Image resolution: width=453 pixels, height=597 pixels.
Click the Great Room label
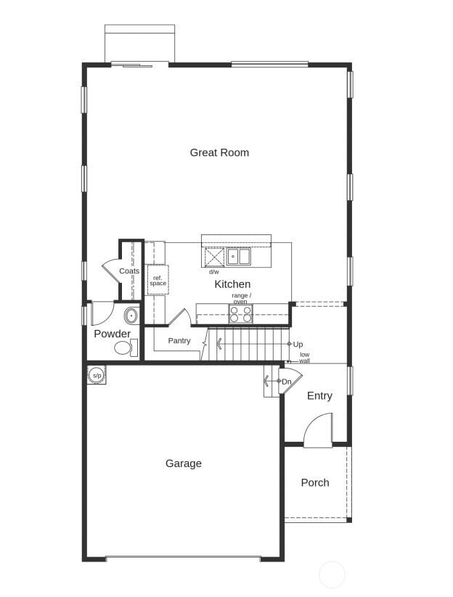[219, 152]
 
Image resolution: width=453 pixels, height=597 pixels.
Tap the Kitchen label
[232, 284]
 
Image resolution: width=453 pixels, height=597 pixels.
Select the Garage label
[184, 464]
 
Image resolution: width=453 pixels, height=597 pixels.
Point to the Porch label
[315, 482]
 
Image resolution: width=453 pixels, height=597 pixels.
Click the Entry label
[319, 395]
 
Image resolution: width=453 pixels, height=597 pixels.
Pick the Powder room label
[113, 334]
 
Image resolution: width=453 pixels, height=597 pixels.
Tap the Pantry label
[179, 340]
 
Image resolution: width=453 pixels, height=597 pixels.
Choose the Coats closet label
[129, 271]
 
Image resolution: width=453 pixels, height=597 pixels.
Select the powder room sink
[131, 316]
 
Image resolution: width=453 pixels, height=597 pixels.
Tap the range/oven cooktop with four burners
[241, 314]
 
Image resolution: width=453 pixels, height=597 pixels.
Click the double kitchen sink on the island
[238, 257]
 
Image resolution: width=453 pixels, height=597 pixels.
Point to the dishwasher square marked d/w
[214, 258]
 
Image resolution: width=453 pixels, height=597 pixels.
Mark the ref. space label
[158, 280]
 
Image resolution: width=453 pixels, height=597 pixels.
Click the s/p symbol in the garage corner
[97, 375]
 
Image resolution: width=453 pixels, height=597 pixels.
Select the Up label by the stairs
[298, 344]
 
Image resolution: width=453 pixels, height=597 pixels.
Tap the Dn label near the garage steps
[287, 382]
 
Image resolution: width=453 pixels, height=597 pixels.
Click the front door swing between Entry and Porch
[320, 432]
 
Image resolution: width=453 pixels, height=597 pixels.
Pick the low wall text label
[304, 358]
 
